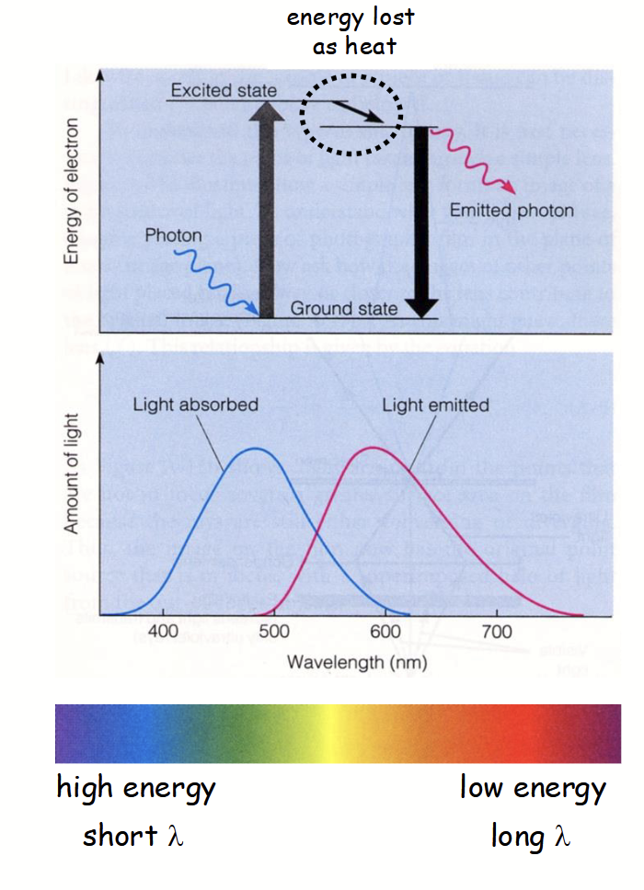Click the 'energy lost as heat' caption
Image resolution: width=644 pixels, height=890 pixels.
pos(351,30)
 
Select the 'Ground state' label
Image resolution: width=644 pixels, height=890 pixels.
pos(343,309)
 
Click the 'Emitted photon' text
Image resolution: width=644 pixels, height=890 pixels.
pos(511,211)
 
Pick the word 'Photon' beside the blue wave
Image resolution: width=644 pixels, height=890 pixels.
pos(172,236)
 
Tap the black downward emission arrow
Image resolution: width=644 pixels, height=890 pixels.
pos(422,221)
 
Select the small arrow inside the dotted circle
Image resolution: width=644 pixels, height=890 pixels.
pos(358,113)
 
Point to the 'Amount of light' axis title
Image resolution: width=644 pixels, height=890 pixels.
pos(71,473)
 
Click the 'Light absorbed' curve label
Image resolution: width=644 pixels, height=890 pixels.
pos(195,405)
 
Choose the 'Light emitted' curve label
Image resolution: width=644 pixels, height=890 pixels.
pos(435,405)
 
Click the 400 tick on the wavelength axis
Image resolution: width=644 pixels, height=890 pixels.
pos(163,632)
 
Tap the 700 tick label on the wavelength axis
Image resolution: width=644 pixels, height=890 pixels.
pos(497,632)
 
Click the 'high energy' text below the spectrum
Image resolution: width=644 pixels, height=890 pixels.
pos(136,788)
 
